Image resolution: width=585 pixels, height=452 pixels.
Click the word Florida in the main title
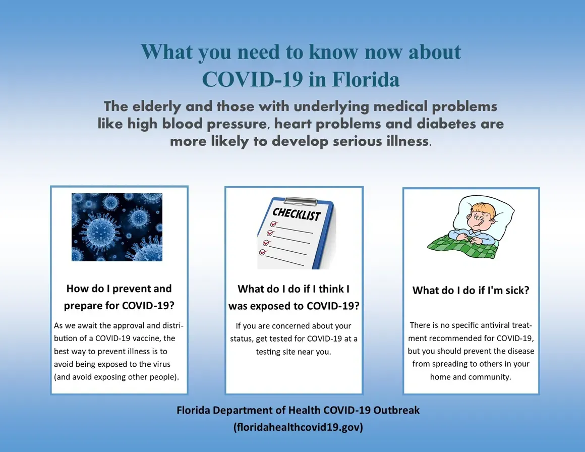coord(366,80)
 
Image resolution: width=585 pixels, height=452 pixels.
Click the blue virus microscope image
coord(117,227)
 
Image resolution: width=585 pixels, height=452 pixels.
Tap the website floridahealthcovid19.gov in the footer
coord(298,427)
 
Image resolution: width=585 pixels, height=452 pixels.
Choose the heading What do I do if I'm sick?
coord(471,291)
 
